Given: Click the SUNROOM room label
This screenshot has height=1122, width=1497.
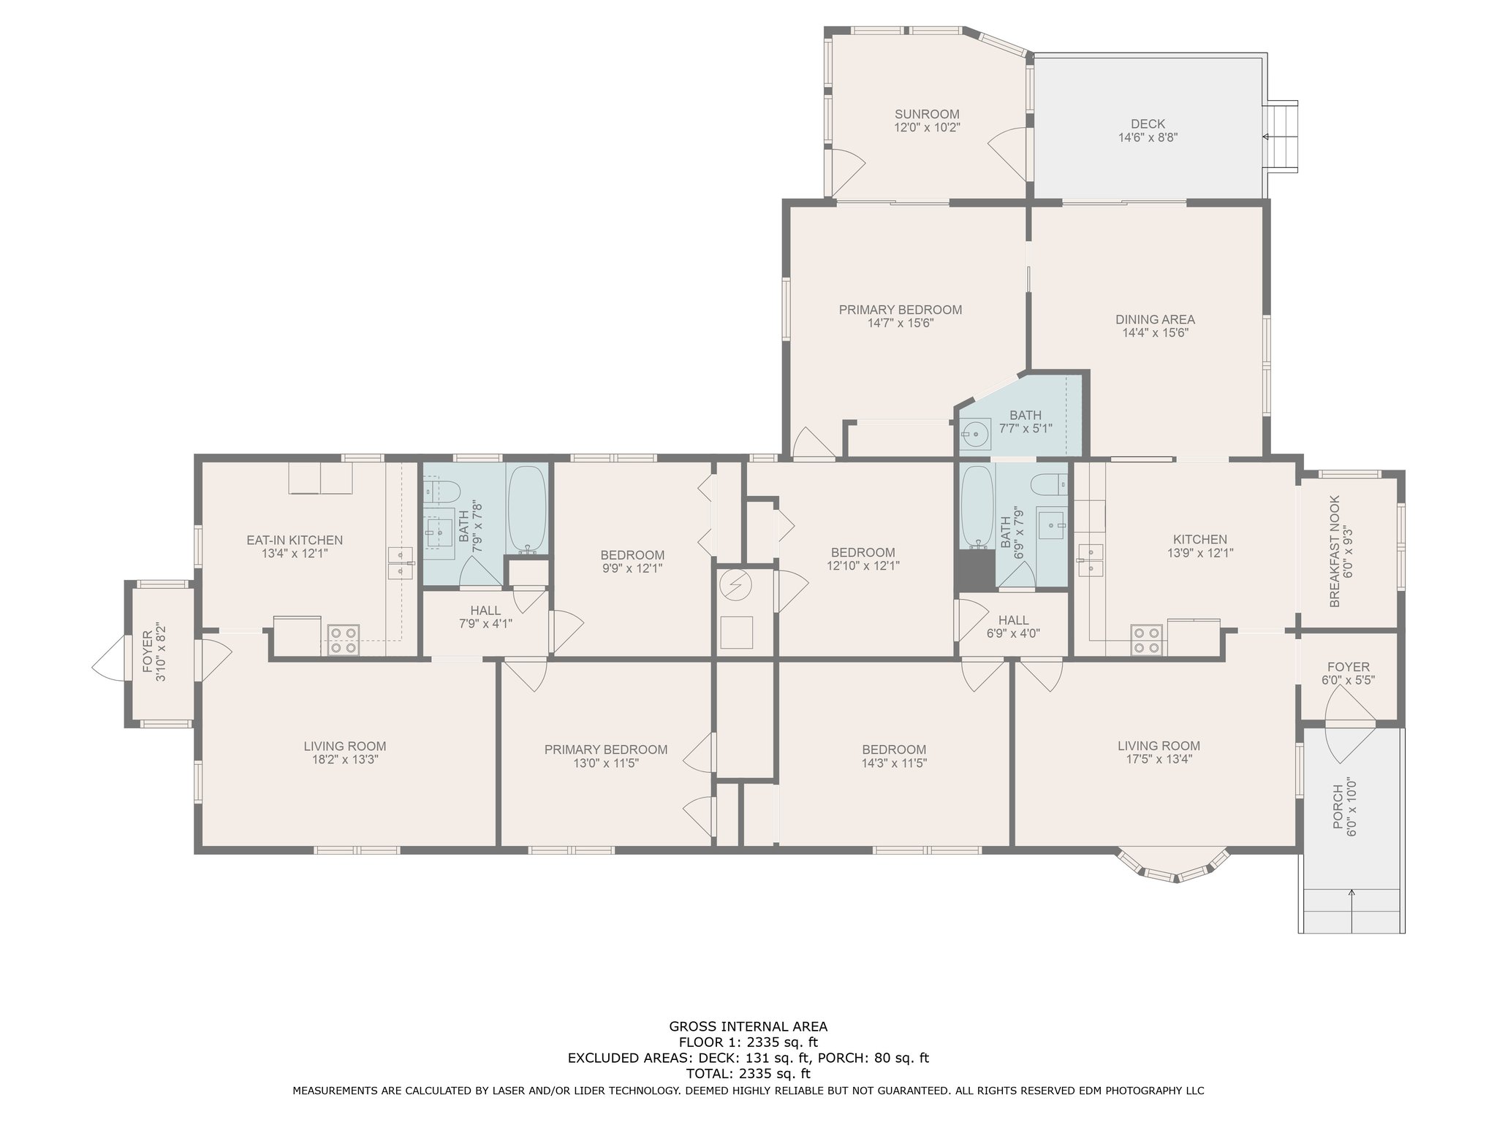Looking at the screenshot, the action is point(927,114).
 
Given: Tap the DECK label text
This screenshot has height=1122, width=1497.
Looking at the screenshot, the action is point(1148,124).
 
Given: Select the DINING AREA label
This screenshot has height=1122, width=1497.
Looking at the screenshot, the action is point(1155,319).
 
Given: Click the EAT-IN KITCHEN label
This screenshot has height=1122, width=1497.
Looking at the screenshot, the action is point(295,541).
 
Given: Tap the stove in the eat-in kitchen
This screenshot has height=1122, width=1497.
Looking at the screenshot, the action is point(343,640).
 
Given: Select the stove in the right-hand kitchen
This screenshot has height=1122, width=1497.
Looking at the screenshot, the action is point(1146,640).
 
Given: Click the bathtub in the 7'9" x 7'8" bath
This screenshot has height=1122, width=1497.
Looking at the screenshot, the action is point(526,508).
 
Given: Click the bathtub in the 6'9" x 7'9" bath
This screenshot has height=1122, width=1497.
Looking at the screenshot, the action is point(977,506).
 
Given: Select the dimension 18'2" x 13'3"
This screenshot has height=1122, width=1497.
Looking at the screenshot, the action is point(345,760).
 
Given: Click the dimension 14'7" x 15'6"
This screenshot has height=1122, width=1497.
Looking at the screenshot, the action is point(901,323).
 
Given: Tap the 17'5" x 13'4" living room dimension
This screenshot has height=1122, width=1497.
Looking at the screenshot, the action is point(1159,759).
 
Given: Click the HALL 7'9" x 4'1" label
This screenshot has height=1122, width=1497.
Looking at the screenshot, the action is point(485,617).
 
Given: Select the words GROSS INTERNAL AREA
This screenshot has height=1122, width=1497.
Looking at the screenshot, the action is point(748,1026).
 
